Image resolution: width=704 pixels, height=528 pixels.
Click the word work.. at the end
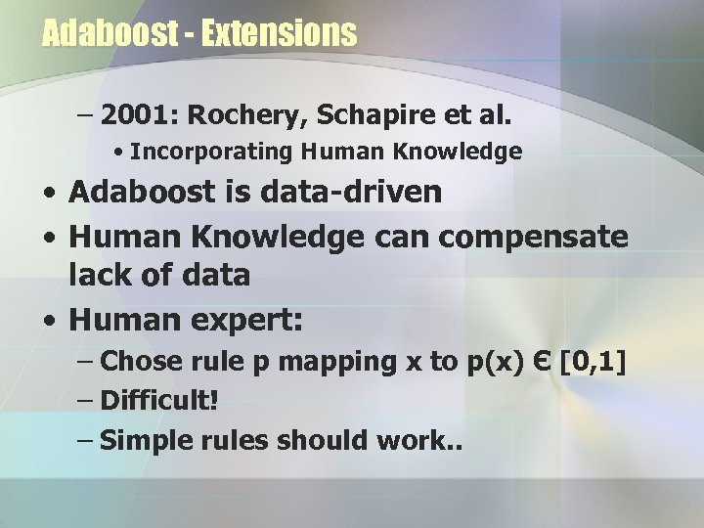click(426, 440)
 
